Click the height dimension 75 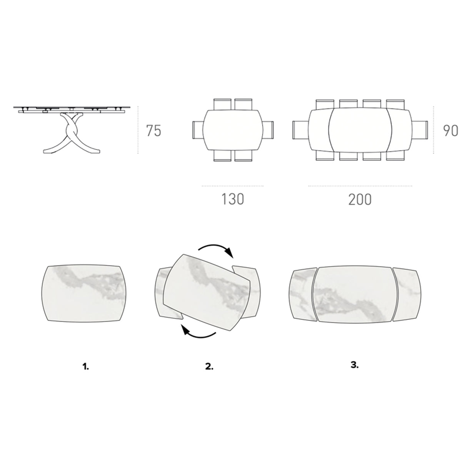coord(154,131)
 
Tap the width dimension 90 coord(450,131)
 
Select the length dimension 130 coord(233,199)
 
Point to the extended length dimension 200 coord(360,199)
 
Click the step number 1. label coord(85,367)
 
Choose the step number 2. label coord(209,367)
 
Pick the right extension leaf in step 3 coord(407,293)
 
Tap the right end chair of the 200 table coord(422,131)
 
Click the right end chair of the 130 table coord(268,131)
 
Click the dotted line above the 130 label coord(233,186)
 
